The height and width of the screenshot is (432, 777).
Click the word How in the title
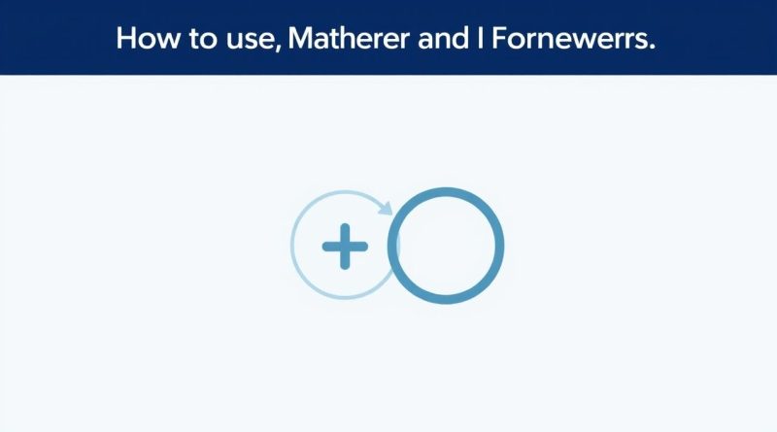click(142, 38)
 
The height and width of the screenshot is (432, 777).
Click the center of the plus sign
click(345, 248)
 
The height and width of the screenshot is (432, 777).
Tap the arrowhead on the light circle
click(386, 206)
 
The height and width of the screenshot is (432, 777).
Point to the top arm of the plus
click(345, 233)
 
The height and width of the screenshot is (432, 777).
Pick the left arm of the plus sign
click(329, 248)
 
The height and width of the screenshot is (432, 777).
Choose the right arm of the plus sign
click(360, 248)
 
